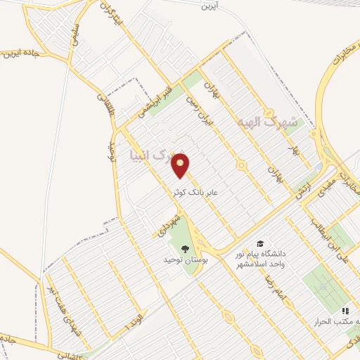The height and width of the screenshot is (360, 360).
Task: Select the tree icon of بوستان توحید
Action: (185, 249)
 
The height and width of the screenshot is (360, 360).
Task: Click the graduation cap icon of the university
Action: (260, 243)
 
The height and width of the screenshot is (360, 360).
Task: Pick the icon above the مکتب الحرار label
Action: (345, 310)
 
